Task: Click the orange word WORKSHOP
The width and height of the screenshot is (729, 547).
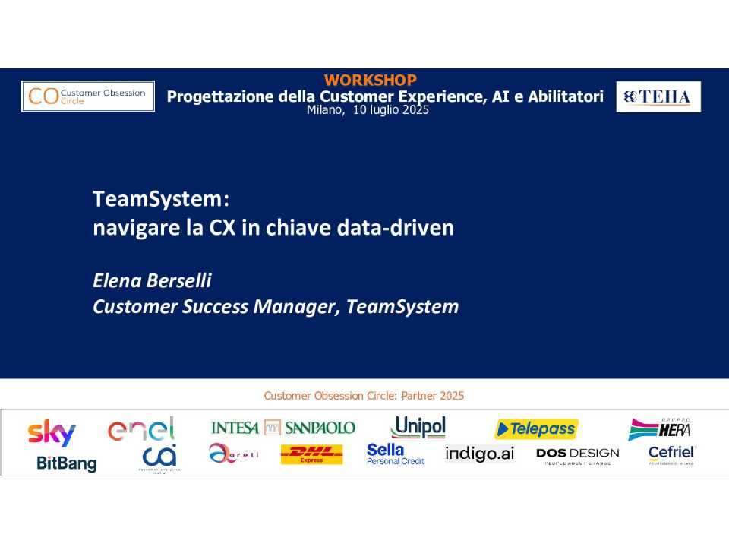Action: point(370,80)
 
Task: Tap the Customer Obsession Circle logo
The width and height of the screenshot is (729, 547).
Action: point(87,96)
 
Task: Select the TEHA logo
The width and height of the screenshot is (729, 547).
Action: point(658,96)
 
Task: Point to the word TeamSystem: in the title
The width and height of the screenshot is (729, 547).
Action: point(160,199)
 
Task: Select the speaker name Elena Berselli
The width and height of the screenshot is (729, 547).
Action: point(152,280)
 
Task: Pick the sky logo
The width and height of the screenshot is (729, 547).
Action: point(52,432)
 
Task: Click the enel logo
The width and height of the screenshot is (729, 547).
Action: point(142,429)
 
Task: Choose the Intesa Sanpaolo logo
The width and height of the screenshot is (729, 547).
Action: point(282,428)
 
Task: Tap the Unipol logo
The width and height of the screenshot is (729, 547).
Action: point(418,427)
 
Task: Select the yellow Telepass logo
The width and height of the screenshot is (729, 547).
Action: point(536,429)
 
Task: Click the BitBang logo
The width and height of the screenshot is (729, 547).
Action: point(67,463)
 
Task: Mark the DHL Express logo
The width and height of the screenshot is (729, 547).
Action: point(311,454)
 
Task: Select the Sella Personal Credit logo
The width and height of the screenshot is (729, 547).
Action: point(395,454)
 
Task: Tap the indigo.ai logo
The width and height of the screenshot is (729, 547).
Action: point(479,454)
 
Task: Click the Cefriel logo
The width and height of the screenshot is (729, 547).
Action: point(671,454)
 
